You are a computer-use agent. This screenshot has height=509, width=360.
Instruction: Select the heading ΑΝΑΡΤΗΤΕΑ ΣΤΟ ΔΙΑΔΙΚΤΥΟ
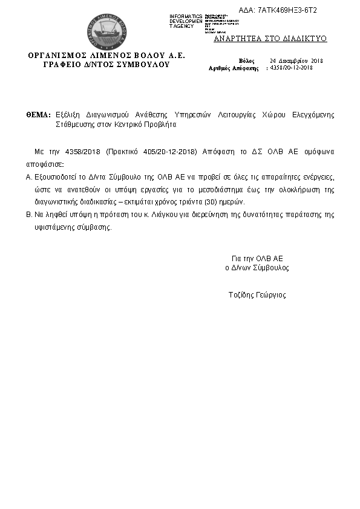point(270,38)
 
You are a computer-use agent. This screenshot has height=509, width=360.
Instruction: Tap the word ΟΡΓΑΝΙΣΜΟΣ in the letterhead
point(57,55)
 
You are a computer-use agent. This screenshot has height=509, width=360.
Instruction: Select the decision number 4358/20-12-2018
point(291,68)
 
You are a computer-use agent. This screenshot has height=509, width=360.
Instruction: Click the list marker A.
point(28,177)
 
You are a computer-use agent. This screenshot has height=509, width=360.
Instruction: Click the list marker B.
point(28,215)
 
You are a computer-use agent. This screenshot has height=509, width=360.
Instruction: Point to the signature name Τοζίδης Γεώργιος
point(257,295)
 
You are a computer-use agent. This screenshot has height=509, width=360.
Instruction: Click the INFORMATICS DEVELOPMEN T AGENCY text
point(186,21)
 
